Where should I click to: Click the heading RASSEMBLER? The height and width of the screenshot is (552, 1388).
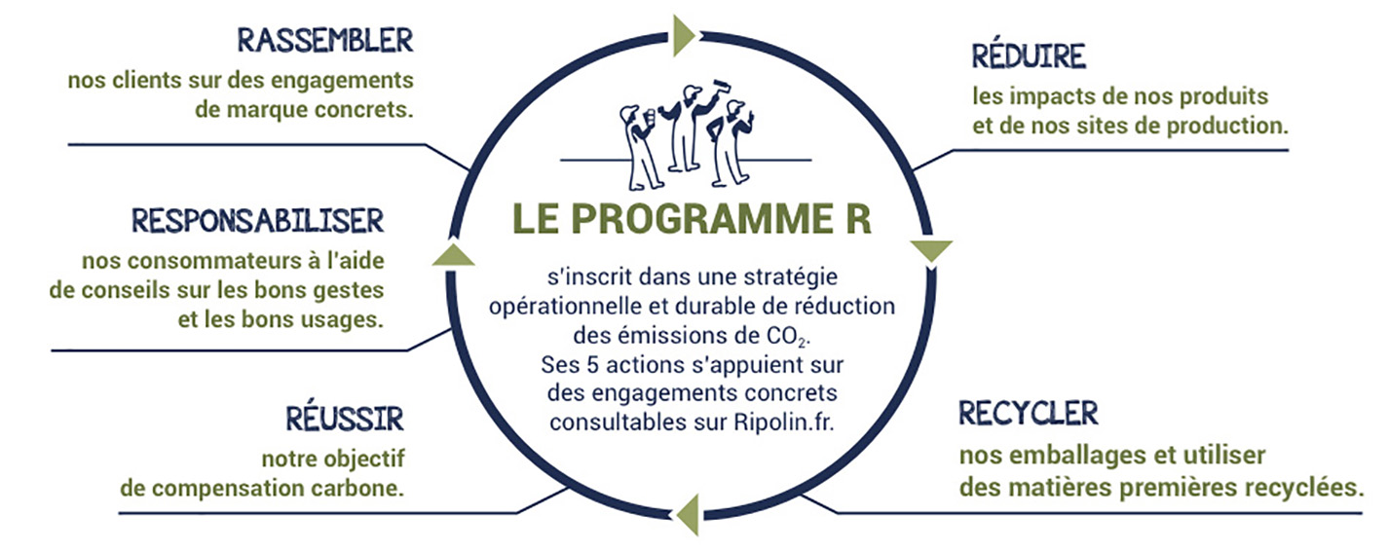[x=325, y=41]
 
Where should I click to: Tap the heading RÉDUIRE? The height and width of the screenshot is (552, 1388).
[x=1029, y=55]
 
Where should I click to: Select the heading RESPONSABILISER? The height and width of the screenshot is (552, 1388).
[x=258, y=221]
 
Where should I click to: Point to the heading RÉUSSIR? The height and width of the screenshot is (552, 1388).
[x=345, y=419]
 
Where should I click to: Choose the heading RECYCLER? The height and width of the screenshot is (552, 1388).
[x=1029, y=413]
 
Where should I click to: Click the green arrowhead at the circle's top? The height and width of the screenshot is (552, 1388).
[x=684, y=36]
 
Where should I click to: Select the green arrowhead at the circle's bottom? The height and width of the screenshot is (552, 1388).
[x=689, y=514]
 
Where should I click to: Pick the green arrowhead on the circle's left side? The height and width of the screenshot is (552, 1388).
[x=454, y=255]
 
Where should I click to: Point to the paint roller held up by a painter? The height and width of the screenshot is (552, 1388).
[x=721, y=87]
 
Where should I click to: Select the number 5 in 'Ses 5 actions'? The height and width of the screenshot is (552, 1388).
[x=593, y=365]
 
